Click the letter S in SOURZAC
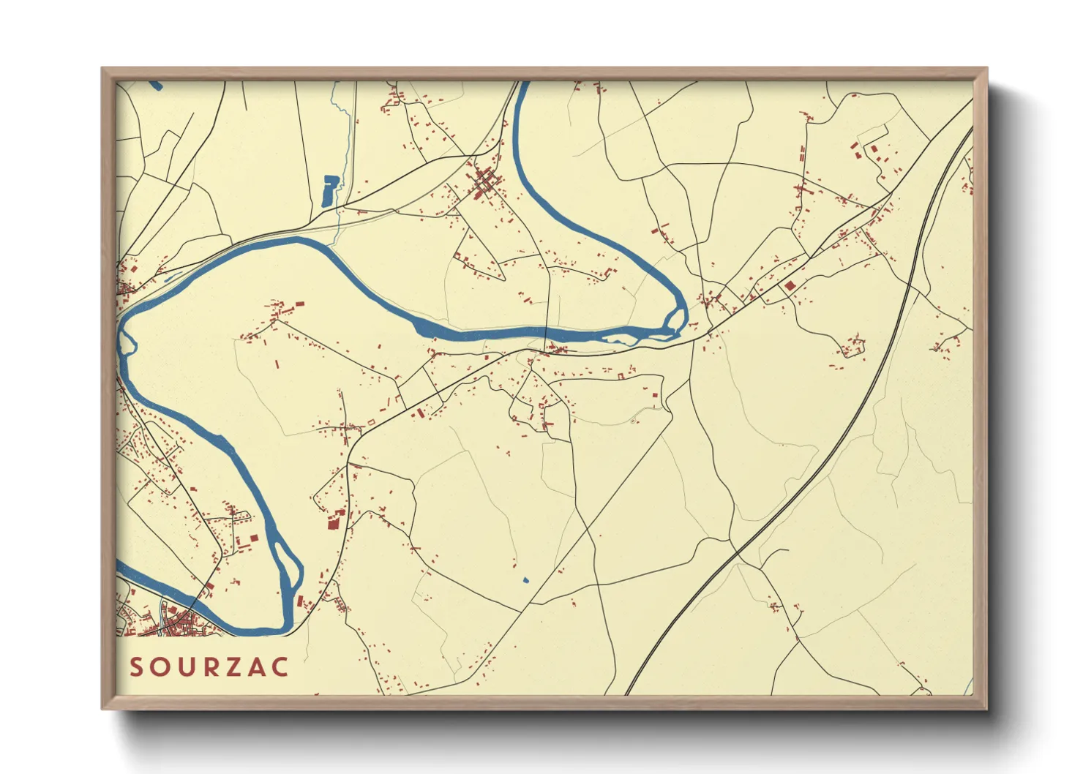[x=136, y=666]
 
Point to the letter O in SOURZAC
[x=160, y=666]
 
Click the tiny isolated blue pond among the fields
[x=525, y=580]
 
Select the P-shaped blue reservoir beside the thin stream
[x=329, y=189]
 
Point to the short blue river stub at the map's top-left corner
[x=154, y=84]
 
